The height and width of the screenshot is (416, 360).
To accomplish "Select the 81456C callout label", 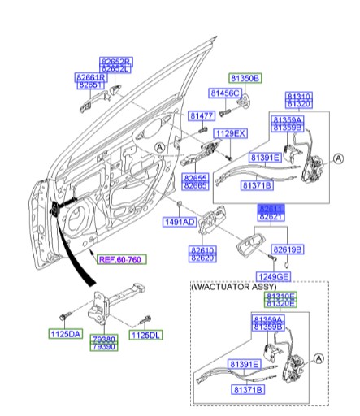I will click(x=226, y=93).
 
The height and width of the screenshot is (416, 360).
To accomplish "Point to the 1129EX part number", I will click(x=231, y=132).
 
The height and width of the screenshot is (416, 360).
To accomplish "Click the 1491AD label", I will click(x=179, y=221).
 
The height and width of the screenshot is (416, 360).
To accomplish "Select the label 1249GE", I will click(x=273, y=277).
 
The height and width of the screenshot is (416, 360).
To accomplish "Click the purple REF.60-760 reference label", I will click(x=117, y=260).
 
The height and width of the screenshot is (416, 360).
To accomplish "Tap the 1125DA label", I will click(x=64, y=334).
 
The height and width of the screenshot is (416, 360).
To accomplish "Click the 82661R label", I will click(x=91, y=77).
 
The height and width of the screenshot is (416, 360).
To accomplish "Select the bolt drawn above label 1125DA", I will click(x=64, y=313).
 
